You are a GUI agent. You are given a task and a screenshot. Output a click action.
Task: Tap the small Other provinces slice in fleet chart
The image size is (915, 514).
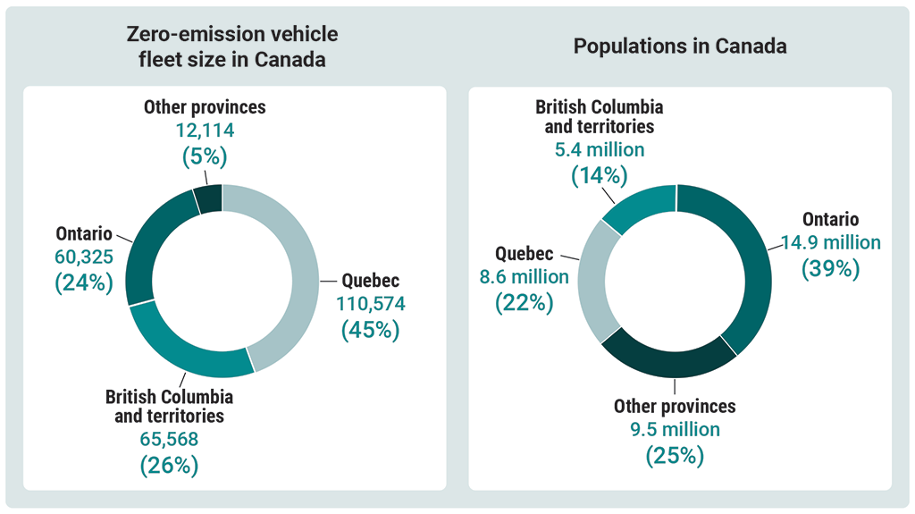pyautogui.click(x=208, y=198)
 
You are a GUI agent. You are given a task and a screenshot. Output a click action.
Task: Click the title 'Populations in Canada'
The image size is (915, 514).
pyautogui.click(x=680, y=46)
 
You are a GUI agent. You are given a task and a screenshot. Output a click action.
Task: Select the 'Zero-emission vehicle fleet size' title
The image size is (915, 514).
pyautogui.click(x=232, y=47)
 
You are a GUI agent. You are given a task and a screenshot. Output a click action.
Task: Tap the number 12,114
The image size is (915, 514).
pyautogui.click(x=205, y=131)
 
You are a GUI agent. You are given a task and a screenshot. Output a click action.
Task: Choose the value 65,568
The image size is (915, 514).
pyautogui.click(x=169, y=440)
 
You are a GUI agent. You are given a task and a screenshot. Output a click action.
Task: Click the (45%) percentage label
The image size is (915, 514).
pyautogui.click(x=370, y=329)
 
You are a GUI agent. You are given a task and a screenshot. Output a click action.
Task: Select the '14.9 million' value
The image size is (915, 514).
pyautogui.click(x=830, y=242)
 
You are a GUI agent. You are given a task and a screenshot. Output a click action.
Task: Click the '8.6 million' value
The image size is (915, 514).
pyautogui.click(x=524, y=277)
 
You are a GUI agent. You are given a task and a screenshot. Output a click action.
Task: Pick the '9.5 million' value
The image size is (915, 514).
pyautogui.click(x=675, y=430)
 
